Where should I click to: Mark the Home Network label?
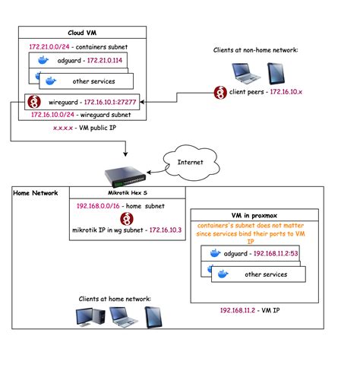click(36, 193)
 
